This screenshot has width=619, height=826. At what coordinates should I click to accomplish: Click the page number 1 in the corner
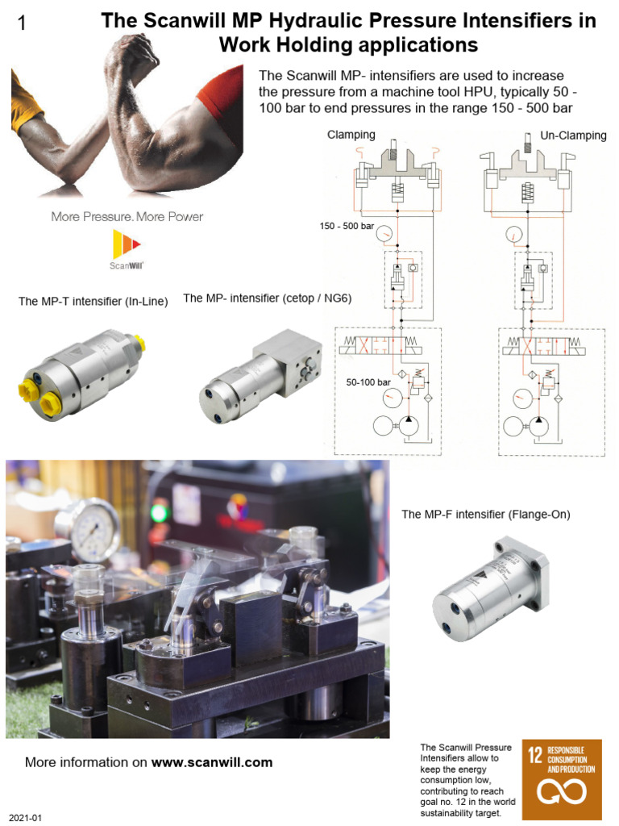22,24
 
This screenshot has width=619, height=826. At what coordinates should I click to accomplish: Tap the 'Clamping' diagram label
351,135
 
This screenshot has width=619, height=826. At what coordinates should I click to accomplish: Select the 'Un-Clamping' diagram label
573,135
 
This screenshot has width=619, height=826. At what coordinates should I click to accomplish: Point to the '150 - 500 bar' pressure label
347,227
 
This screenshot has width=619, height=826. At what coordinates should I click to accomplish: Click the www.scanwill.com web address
212,762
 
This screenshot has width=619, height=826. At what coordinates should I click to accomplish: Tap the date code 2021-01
25,818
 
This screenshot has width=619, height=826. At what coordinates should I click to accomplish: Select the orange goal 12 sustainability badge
562,779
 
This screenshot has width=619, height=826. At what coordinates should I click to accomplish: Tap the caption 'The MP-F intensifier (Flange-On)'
485,514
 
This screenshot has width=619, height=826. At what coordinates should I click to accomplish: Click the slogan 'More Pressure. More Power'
127,216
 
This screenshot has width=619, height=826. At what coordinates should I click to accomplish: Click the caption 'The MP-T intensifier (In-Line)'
93,302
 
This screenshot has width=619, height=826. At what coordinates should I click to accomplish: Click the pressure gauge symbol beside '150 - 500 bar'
387,233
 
